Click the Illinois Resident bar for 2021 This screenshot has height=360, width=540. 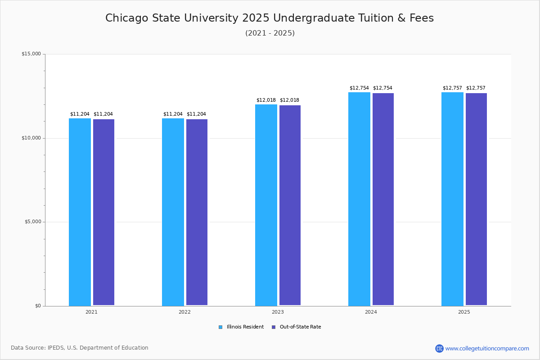(x=80, y=211)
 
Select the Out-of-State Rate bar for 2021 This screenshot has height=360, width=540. (x=103, y=212)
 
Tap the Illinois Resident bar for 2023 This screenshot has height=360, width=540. (x=266, y=205)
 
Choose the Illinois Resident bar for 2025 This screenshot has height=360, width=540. (x=452, y=198)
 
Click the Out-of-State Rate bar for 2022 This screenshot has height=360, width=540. (x=197, y=212)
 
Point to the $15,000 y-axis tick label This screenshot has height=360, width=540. (x=31, y=54)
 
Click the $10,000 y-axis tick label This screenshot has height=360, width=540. (x=31, y=138)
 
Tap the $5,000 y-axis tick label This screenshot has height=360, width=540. (x=32, y=222)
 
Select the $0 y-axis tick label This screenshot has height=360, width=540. (x=38, y=306)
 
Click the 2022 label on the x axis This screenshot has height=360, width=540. (x=184, y=312)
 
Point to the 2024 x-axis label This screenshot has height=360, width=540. (x=371, y=312)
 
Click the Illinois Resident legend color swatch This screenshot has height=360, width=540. (x=220, y=327)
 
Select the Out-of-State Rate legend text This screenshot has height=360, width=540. (x=300, y=327)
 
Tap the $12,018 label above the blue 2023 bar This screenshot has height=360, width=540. (x=266, y=100)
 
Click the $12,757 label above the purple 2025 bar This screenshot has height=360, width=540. (x=476, y=88)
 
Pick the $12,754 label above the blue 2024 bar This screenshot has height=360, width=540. (x=359, y=88)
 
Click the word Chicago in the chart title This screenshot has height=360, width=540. (x=126, y=18)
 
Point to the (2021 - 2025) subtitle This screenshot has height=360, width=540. (x=270, y=33)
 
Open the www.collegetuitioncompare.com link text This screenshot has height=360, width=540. (x=487, y=348)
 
